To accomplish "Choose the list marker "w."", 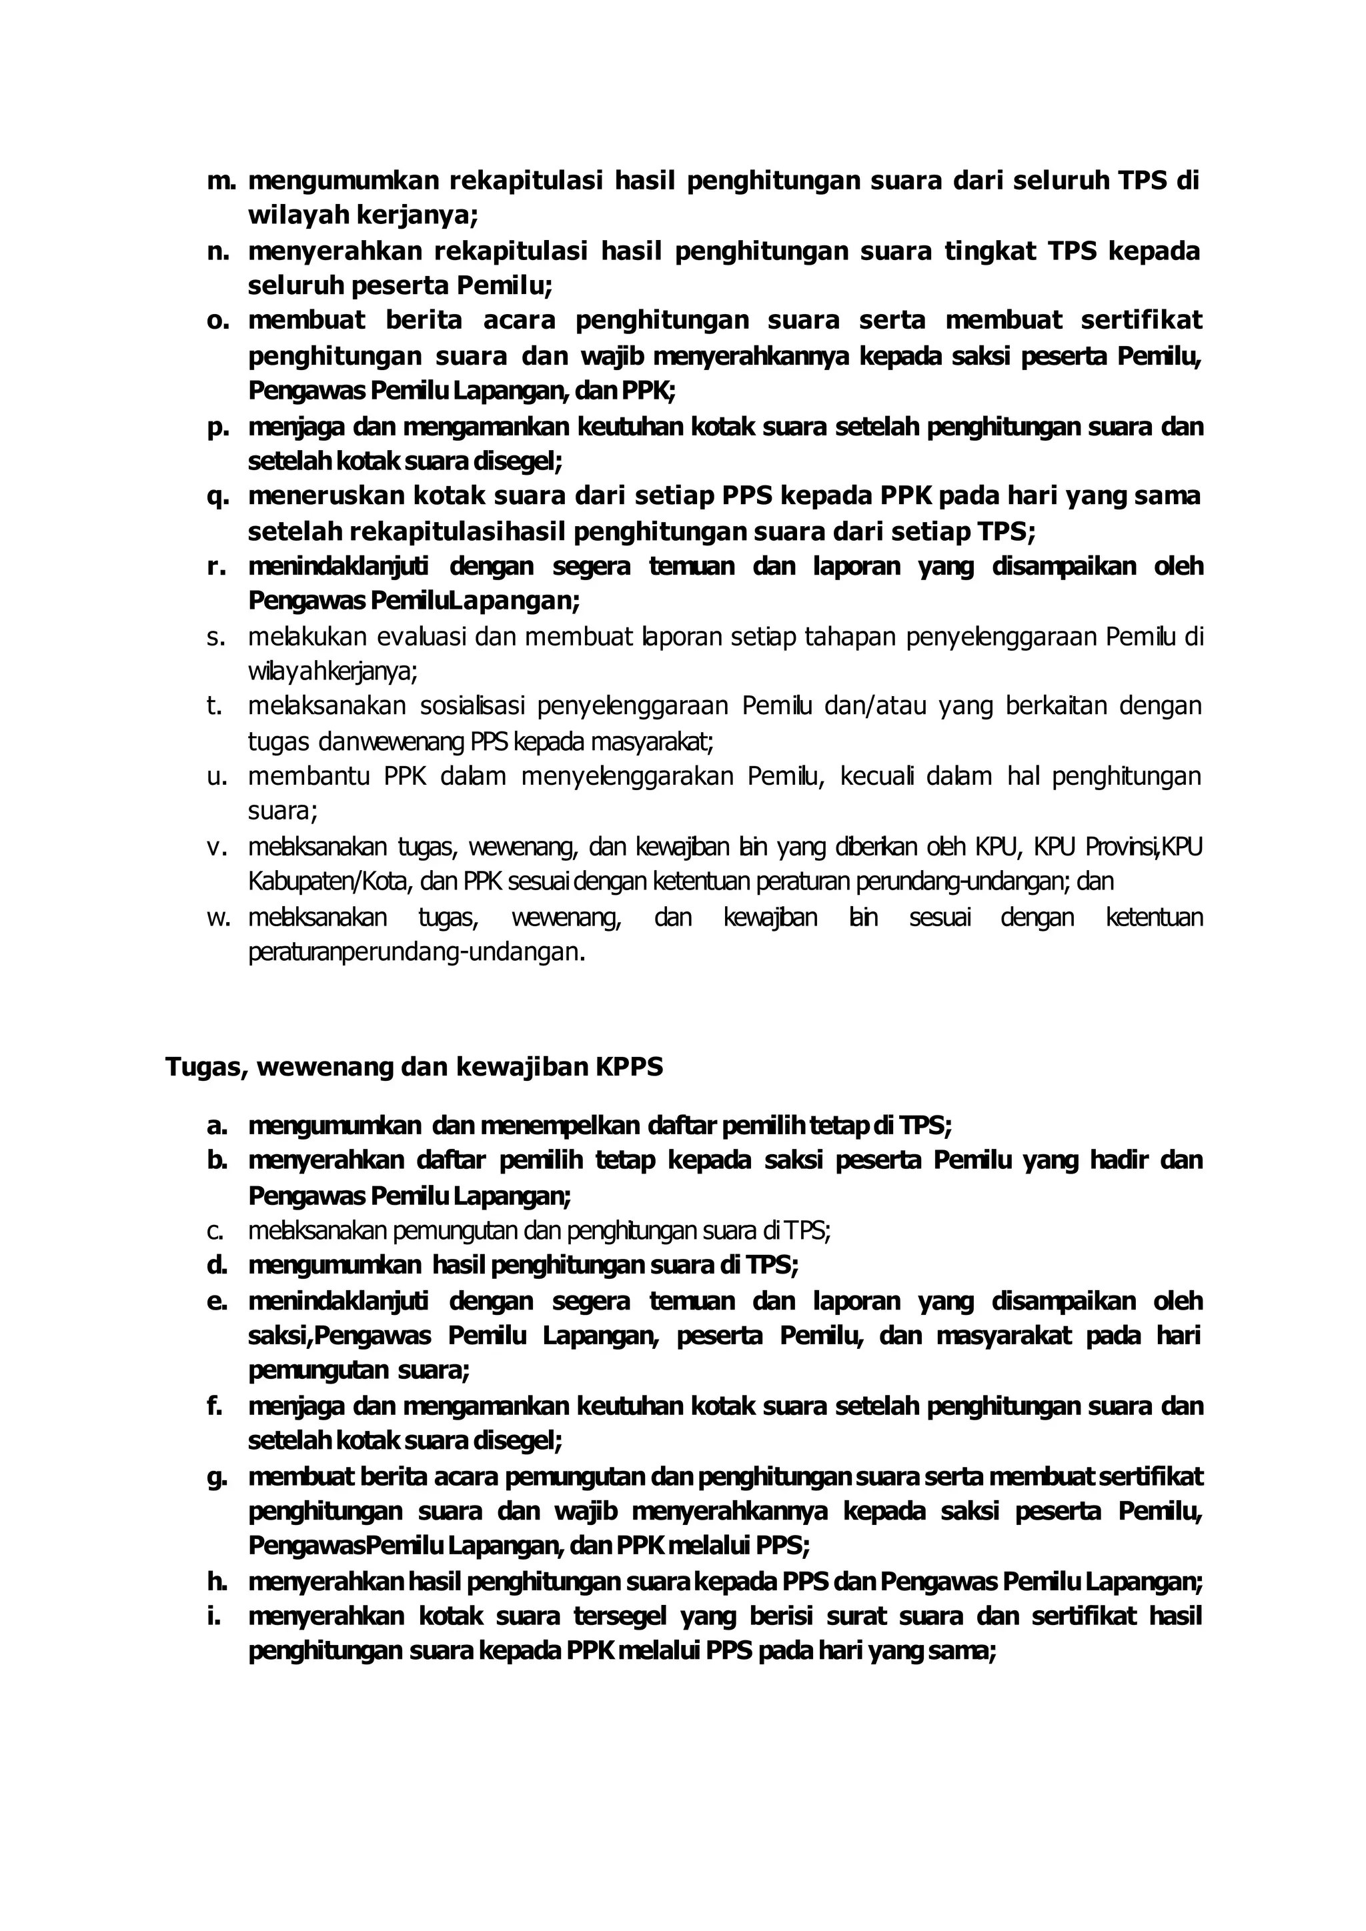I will [x=219, y=917].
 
